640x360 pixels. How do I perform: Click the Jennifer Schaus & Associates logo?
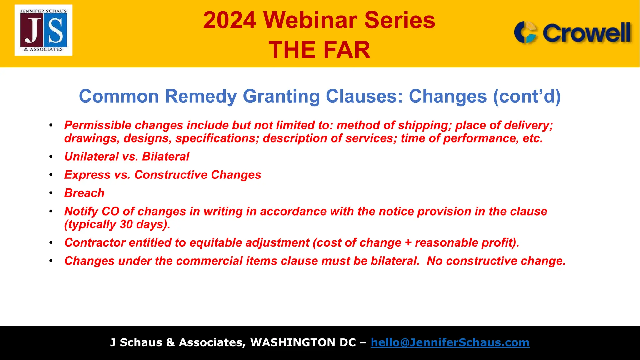point(43,30)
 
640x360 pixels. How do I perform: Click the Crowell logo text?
point(587,33)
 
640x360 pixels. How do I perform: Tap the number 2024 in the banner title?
point(230,20)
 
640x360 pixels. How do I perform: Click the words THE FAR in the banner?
point(319,50)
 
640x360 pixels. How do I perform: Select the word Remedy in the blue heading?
point(201,96)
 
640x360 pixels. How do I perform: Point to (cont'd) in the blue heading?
point(527,96)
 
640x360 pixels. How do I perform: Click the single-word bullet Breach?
point(84,193)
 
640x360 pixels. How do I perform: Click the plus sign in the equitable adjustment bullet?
point(408,243)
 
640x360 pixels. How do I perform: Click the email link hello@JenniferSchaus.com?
point(450,342)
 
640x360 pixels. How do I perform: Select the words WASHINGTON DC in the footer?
point(303,342)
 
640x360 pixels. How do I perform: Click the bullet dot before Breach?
point(51,193)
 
